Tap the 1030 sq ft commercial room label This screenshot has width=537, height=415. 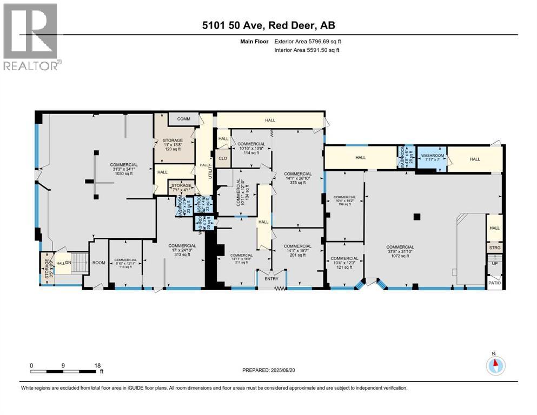(124, 168)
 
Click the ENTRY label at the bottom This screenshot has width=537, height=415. (265, 279)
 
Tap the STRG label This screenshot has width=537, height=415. (495, 248)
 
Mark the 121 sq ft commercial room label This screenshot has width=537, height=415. (344, 262)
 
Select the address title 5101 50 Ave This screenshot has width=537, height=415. (268, 26)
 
